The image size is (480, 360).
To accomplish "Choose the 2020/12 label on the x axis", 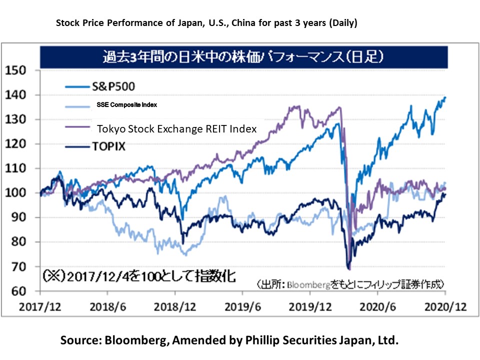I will tap(446, 306).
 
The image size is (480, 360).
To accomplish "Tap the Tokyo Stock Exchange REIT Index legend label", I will tap(176, 128).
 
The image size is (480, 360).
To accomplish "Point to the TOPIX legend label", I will tap(107, 147).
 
